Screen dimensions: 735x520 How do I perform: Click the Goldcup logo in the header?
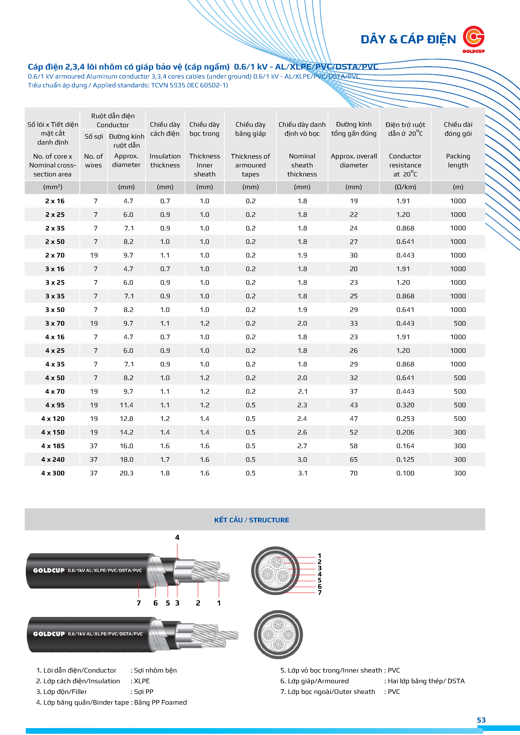(473, 38)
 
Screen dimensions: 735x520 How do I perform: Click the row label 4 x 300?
(53, 473)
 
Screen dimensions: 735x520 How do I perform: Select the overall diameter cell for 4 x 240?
(353, 460)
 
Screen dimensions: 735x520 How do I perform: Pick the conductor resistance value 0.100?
(405, 473)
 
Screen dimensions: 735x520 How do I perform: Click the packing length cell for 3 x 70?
(459, 323)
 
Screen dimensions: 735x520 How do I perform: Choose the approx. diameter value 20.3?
(127, 473)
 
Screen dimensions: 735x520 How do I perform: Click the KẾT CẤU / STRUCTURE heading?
(252, 520)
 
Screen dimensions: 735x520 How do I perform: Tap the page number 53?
(481, 720)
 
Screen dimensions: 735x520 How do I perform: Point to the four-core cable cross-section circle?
(278, 634)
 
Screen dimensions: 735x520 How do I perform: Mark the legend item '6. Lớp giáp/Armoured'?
(314, 681)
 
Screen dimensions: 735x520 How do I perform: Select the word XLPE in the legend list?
(142, 681)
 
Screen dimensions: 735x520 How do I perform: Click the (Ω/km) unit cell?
(405, 187)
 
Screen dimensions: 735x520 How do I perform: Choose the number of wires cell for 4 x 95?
(94, 405)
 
